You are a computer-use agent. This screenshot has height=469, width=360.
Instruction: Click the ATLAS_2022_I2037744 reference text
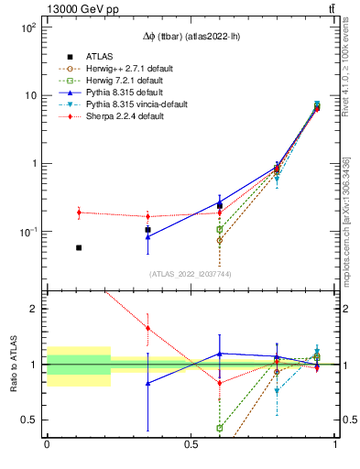(x=189, y=274)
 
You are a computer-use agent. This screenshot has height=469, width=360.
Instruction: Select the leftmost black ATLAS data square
(x=79, y=247)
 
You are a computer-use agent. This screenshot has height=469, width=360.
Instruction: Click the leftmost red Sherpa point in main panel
(x=79, y=213)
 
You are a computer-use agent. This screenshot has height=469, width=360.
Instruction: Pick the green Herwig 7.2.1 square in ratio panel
(x=220, y=428)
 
